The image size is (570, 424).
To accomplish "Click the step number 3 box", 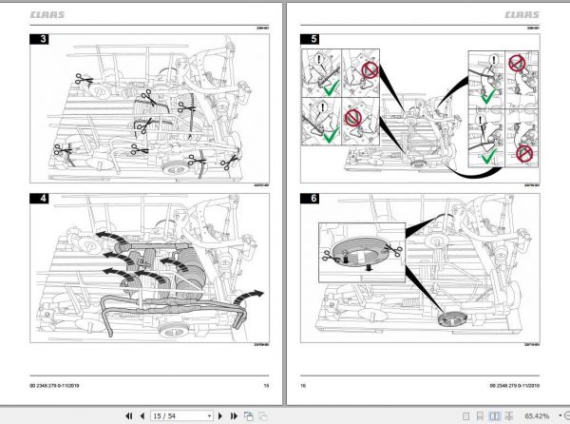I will click(x=42, y=40).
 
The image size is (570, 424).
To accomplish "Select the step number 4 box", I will click(x=42, y=201).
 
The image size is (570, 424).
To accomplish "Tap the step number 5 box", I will click(x=309, y=40).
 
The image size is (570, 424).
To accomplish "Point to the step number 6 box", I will click(x=309, y=201).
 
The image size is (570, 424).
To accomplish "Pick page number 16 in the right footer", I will click(x=304, y=385).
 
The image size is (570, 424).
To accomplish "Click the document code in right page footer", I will click(x=511, y=385).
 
